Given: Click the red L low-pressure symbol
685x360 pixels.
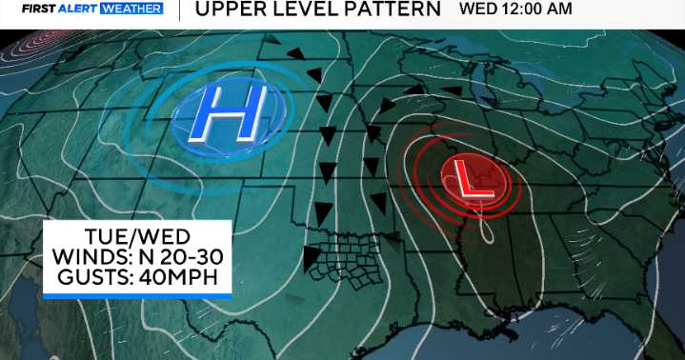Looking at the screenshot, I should tap(467, 178).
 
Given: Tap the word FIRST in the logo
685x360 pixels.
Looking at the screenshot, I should tap(38, 10).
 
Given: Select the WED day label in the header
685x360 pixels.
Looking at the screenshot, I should tap(475, 10).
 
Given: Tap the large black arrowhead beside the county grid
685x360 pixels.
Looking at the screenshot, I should tap(311, 255).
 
